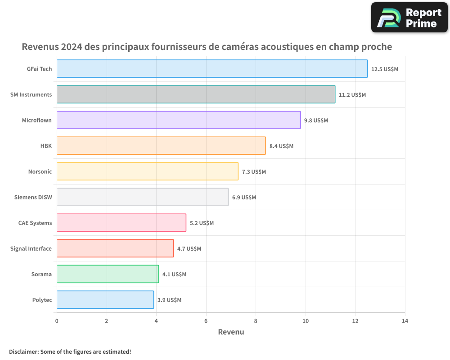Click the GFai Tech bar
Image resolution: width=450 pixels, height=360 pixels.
point(212,69)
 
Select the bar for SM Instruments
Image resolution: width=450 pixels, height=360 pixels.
point(196,94)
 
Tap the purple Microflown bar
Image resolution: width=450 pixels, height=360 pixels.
point(178,120)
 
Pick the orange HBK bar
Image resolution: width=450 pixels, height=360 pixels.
point(161,146)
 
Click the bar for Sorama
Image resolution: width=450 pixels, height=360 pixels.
point(108,274)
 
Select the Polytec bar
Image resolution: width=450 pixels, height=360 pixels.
point(105,300)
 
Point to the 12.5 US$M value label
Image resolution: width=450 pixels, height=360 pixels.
point(385,69)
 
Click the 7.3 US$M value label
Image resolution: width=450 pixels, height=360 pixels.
point(254,172)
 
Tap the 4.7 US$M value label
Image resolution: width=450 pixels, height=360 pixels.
point(189,249)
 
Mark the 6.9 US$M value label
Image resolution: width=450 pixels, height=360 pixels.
point(244,198)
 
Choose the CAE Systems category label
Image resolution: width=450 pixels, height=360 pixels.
point(35,223)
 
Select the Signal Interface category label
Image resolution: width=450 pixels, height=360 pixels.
point(31,248)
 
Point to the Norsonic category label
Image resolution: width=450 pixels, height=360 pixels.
point(40,171)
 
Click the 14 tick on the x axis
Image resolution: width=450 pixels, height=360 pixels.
point(405,321)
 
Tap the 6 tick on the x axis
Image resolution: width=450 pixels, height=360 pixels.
point(206,321)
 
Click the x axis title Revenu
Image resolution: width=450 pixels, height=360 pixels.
point(231,332)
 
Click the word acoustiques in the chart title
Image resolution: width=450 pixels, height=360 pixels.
point(288,47)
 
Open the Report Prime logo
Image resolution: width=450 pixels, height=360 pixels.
point(409,18)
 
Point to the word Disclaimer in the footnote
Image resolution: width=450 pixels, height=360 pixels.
point(23,351)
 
